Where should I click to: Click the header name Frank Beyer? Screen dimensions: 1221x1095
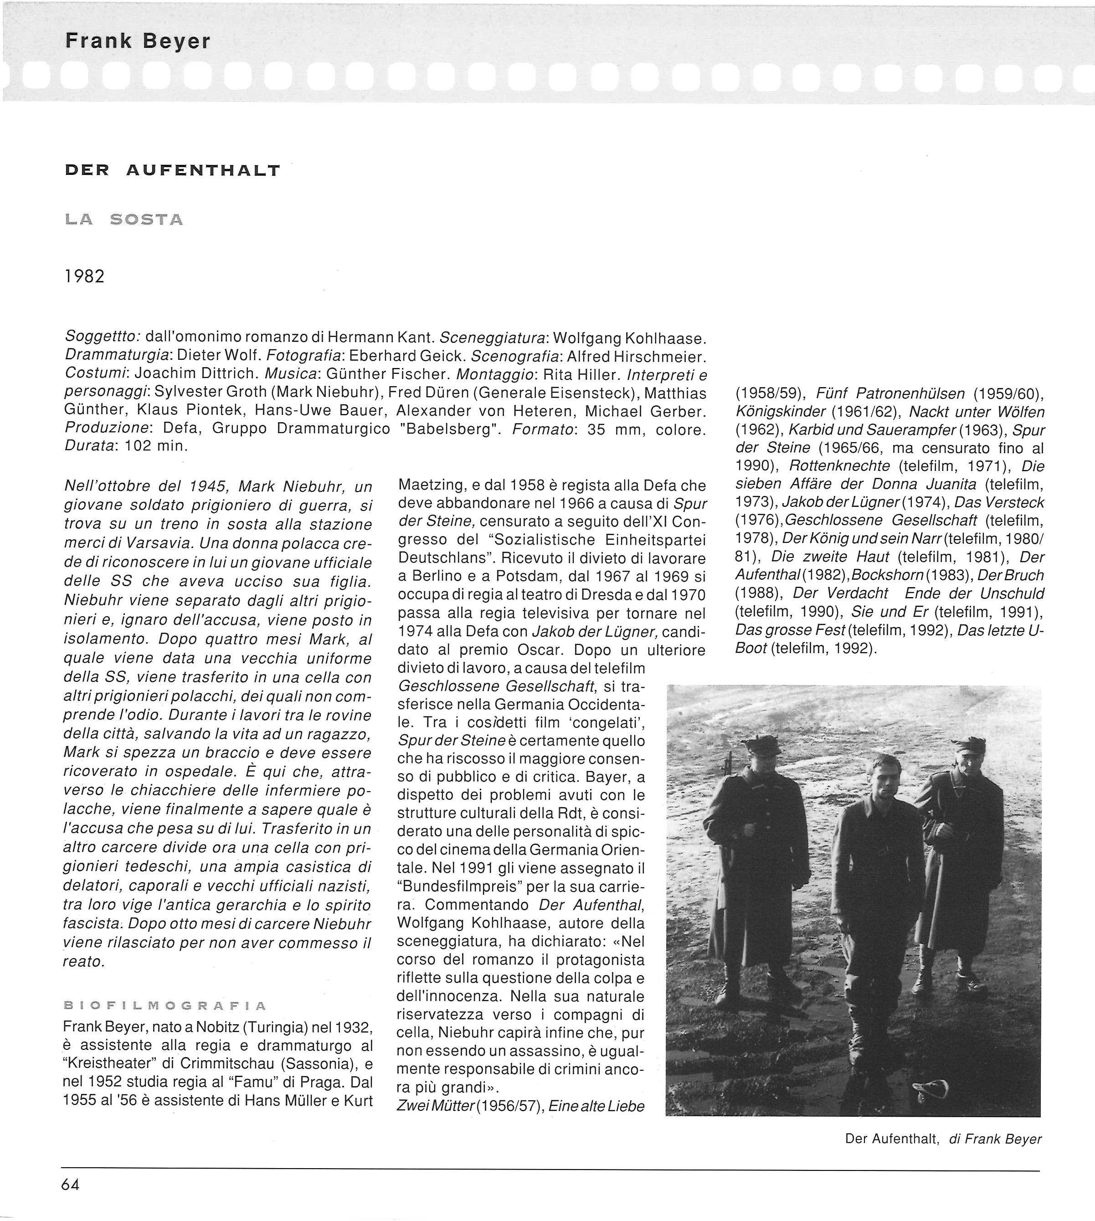[x=138, y=41]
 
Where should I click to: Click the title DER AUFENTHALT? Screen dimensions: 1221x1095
[x=172, y=171]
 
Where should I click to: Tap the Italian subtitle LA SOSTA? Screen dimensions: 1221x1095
[x=123, y=220]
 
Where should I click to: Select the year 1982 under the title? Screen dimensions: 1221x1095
[x=84, y=276]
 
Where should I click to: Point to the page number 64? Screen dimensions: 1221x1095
[x=70, y=1184]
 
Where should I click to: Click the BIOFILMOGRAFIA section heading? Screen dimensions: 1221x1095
[x=164, y=1005]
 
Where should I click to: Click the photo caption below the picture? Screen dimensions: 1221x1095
[x=943, y=1139]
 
